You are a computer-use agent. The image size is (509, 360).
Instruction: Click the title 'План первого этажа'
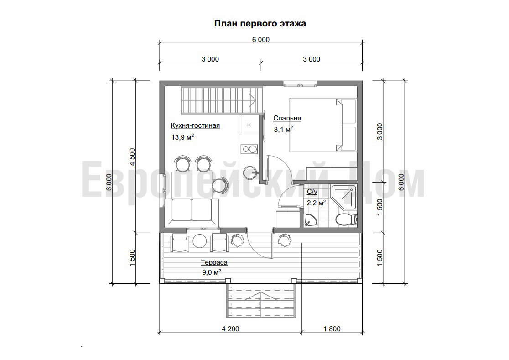coord(260,24)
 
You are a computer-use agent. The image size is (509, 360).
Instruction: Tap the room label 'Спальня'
coord(287,118)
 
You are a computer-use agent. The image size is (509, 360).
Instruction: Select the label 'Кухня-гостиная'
coord(195,125)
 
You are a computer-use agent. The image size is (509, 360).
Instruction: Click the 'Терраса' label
coord(214,262)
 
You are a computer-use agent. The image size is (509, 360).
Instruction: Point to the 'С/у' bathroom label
coord(312,192)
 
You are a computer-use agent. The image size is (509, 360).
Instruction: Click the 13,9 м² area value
coord(183,137)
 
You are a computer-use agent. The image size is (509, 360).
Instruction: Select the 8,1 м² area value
coord(283,129)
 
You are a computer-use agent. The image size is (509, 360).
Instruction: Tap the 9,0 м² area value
coord(211,272)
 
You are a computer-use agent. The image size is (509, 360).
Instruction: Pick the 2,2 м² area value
coord(316,203)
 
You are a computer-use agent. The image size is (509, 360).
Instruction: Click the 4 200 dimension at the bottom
coord(230,329)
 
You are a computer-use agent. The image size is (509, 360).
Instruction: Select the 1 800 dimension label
coord(332,329)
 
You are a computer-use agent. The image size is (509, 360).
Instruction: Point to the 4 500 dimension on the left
coord(132,157)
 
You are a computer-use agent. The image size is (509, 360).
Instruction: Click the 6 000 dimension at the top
coord(261,40)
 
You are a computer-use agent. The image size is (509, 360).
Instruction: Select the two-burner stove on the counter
coord(249,149)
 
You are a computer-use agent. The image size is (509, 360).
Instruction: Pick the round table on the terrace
coord(200,241)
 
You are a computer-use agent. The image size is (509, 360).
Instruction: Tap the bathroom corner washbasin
coord(310,220)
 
